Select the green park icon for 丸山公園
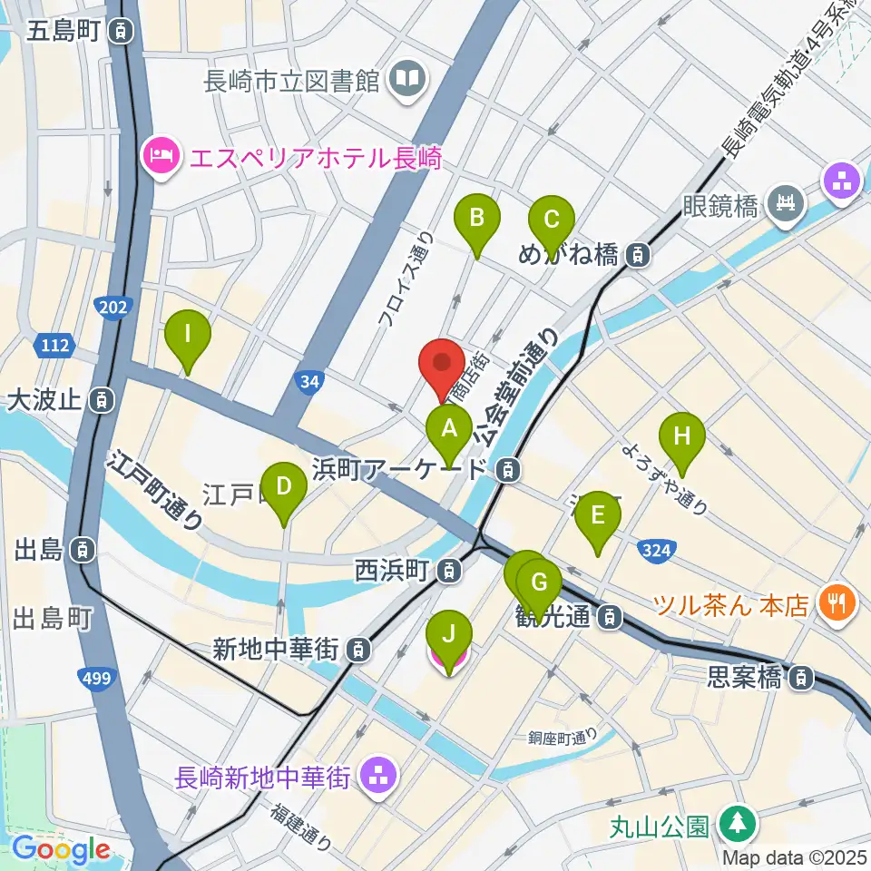[734, 825]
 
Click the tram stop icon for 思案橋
[801, 677]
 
